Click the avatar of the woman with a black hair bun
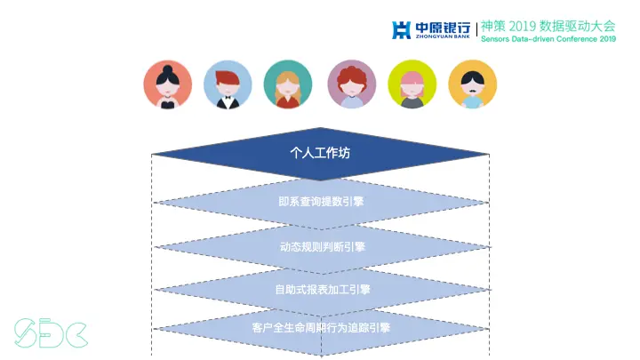(168, 84)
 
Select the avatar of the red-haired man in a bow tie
(228, 84)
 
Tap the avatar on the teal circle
(288, 84)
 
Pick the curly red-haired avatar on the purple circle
(352, 84)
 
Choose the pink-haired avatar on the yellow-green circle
(412, 84)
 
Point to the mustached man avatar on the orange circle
(472, 84)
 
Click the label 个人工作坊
(320, 153)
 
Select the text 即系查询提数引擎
(320, 201)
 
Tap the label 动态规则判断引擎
(320, 246)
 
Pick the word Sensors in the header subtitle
(497, 39)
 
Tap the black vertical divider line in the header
(476, 31)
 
